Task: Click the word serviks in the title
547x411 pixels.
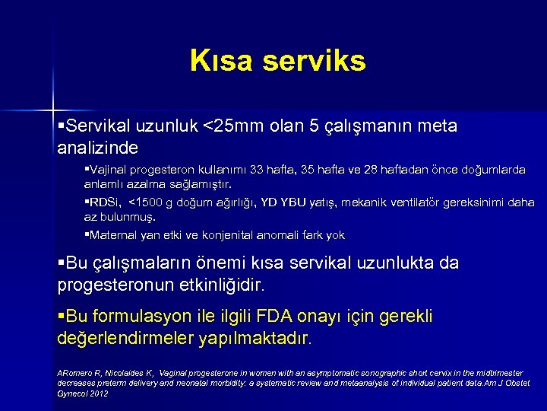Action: coord(314,61)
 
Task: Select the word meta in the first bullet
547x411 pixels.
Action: coord(438,126)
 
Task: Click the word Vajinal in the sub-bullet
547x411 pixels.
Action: coord(107,170)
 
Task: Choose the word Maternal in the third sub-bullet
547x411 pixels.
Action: coord(114,235)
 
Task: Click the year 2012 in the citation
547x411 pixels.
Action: coord(98,393)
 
